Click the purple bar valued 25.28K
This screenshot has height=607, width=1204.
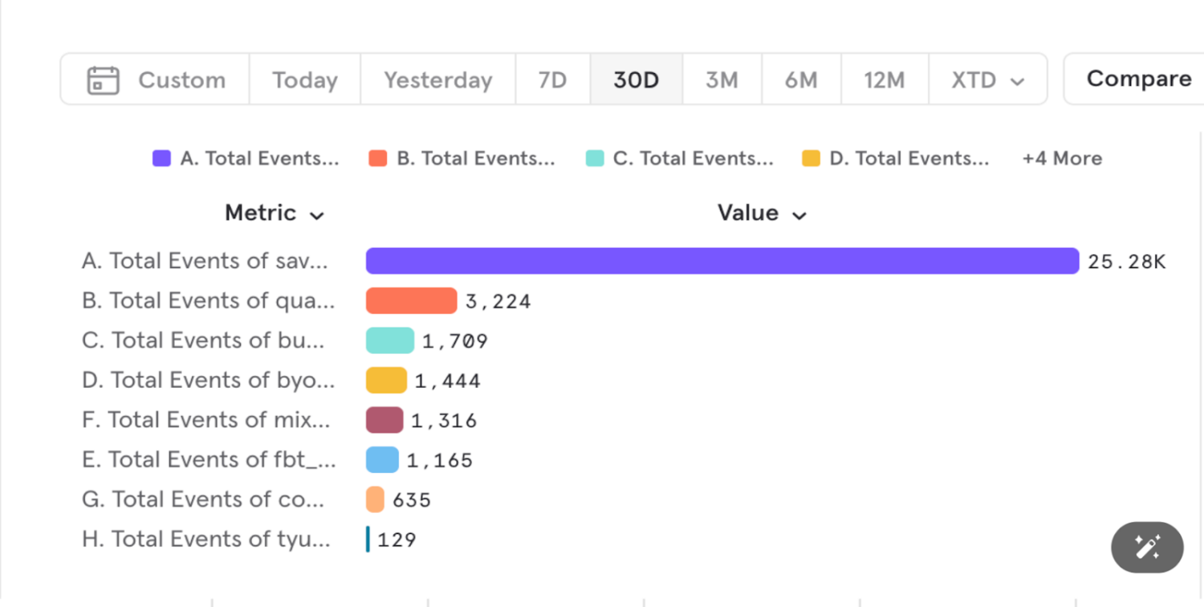pos(722,261)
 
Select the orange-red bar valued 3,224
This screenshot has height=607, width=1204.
pos(411,301)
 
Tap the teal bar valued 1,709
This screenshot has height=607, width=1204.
pos(390,340)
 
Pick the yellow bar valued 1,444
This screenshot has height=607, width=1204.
pos(386,381)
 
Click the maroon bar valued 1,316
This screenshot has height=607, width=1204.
pos(384,420)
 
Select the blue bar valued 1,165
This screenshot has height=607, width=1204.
pos(382,460)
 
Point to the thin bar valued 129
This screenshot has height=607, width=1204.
pos(368,540)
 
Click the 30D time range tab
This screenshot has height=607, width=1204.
pos(637,79)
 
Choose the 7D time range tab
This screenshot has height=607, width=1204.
pos(552,79)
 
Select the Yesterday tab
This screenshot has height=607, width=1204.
pos(437,79)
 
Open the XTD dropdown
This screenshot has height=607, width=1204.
pos(987,79)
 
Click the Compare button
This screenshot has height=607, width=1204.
pos(1138,79)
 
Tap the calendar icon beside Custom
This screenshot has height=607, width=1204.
pos(104,80)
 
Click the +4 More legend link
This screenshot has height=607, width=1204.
pos(1062,158)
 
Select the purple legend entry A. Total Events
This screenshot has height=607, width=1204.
pos(246,158)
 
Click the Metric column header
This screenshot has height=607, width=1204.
pos(274,213)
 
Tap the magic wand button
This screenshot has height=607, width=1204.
pos(1147,548)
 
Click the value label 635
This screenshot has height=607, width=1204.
pos(412,500)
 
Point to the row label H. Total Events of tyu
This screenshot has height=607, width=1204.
pos(206,540)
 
